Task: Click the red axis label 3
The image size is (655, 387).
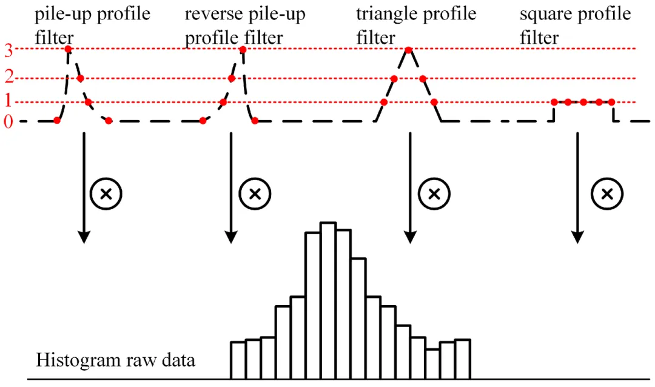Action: tap(8, 50)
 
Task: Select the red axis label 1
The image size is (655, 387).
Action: tap(8, 101)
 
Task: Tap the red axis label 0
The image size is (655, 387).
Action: tap(8, 122)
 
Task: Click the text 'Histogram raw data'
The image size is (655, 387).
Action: tap(116, 360)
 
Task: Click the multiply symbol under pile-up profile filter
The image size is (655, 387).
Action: tap(106, 194)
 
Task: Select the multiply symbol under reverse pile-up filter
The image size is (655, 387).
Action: tap(255, 194)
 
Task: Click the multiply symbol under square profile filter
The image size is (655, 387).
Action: tap(606, 194)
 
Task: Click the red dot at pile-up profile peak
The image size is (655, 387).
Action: tap(68, 49)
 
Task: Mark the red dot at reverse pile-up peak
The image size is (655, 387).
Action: tap(243, 49)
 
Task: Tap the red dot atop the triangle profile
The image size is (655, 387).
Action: tap(409, 49)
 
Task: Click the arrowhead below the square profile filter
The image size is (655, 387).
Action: tap(577, 237)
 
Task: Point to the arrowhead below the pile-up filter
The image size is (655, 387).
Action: tap(84, 237)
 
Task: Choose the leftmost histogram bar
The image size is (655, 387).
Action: tap(238, 361)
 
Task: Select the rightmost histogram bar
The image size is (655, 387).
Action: tap(463, 360)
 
